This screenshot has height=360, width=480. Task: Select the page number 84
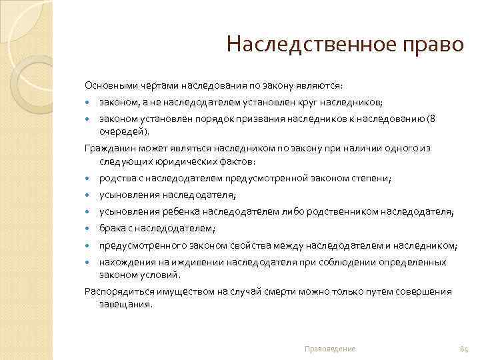[465, 349]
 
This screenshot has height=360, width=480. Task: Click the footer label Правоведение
[329, 349]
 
